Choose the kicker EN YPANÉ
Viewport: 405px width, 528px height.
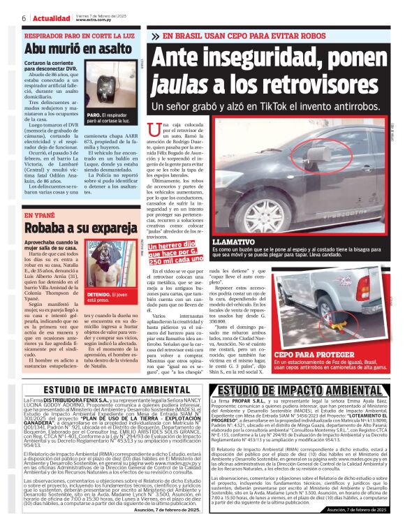coord(40,215)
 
